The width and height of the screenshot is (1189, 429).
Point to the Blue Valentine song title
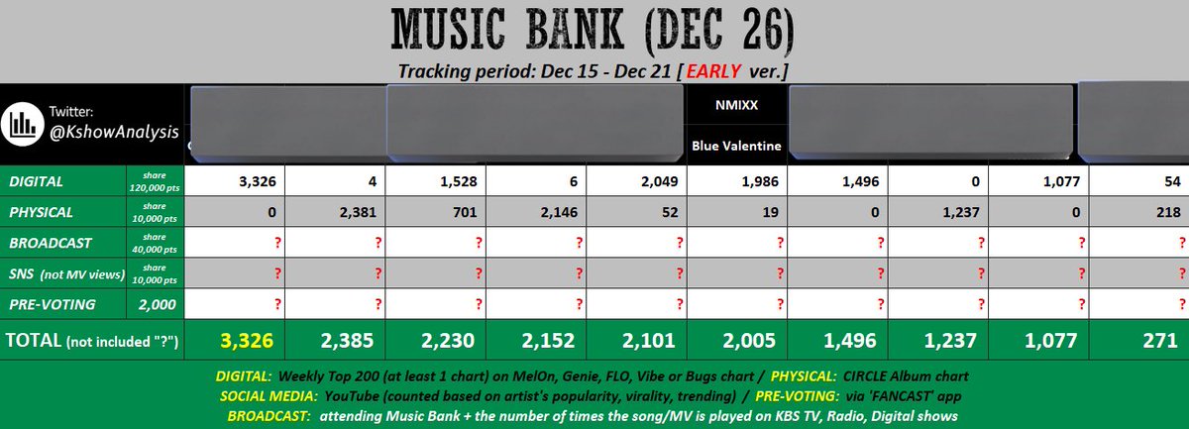[x=735, y=146]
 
